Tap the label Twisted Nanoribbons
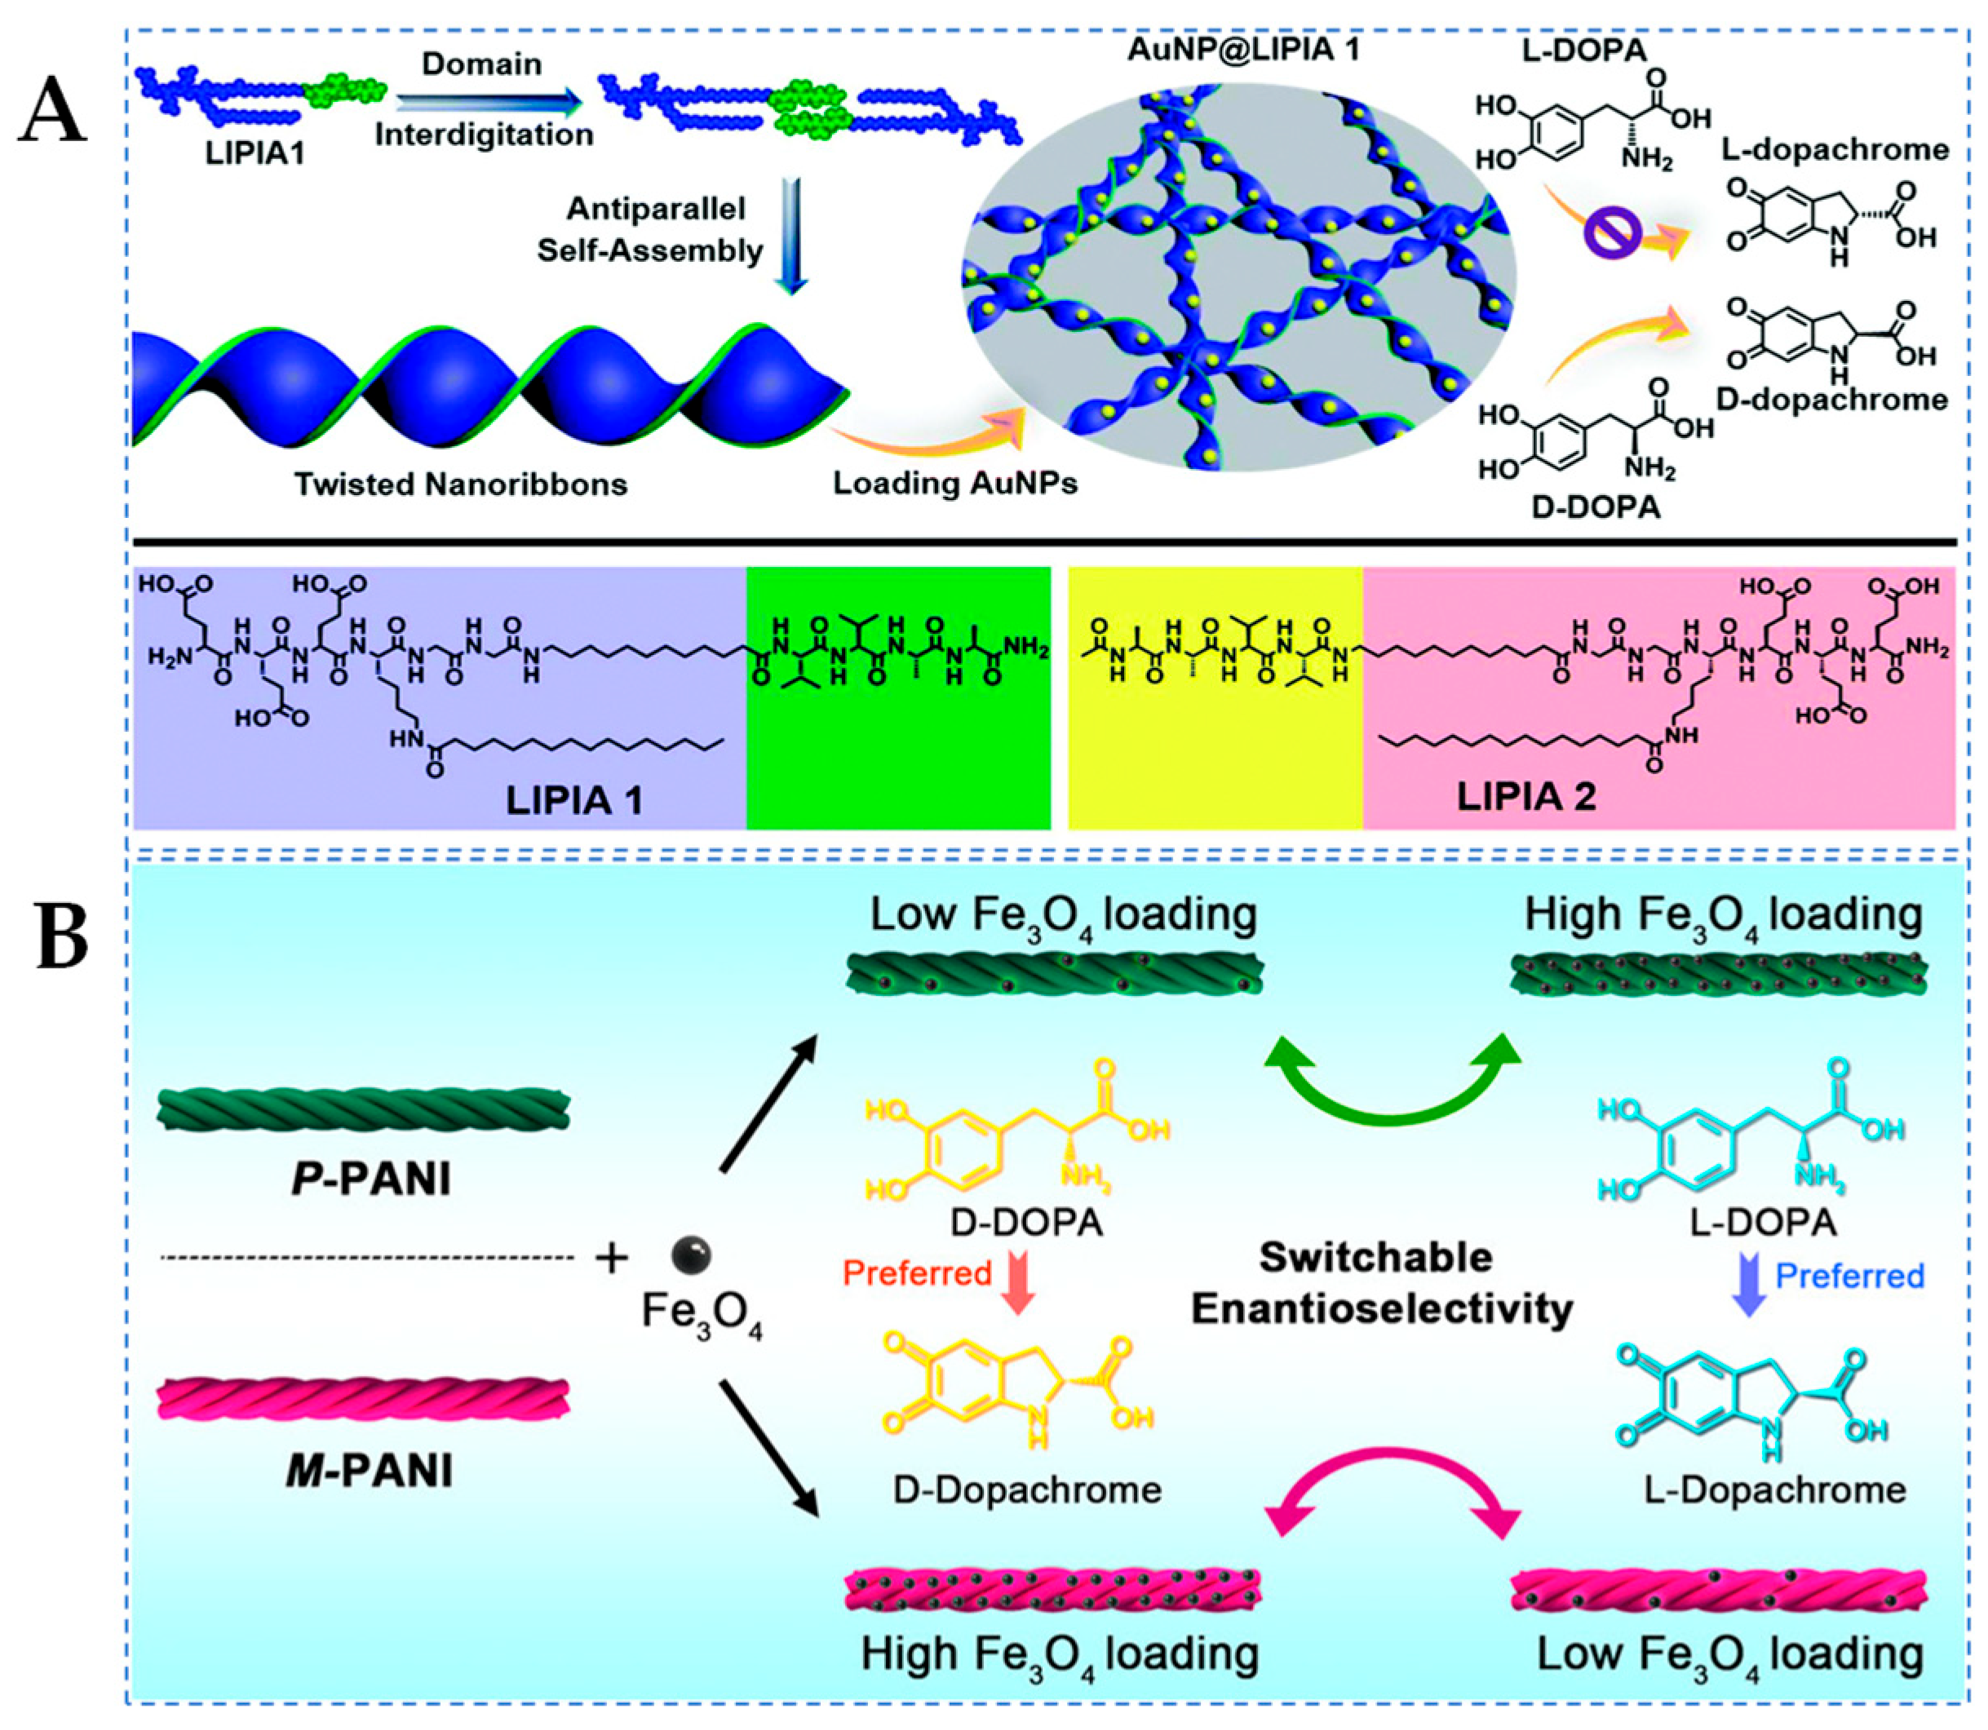pyautogui.click(x=461, y=484)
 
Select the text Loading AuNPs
pyautogui.click(x=955, y=484)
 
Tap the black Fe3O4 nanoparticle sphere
pyautogui.click(x=691, y=1255)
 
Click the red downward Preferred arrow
pyautogui.click(x=1016, y=1288)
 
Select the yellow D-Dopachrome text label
pyautogui.click(x=1026, y=1489)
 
